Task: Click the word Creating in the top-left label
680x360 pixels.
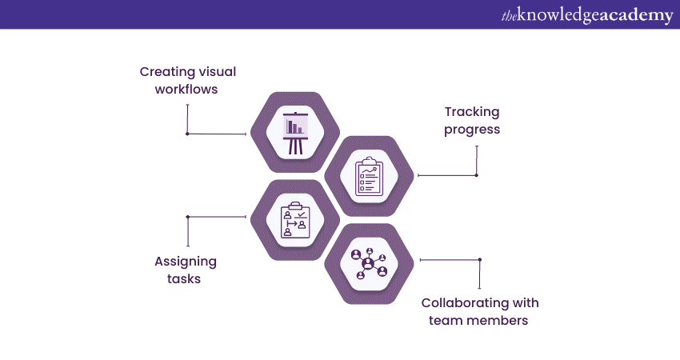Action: [x=166, y=72]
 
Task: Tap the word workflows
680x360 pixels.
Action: [x=186, y=89]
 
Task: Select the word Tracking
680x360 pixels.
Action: [x=472, y=112]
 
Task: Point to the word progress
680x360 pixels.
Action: [x=472, y=130]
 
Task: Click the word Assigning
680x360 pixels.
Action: [x=186, y=262]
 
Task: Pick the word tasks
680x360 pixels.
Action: [x=184, y=279]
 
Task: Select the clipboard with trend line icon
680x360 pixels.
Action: [x=368, y=176]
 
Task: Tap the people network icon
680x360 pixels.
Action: [x=368, y=263]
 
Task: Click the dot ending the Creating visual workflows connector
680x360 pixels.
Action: [x=187, y=134]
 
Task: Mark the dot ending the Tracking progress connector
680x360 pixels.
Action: [x=476, y=175]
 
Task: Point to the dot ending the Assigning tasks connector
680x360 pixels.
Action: [x=187, y=217]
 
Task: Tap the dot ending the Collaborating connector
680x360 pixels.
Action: [x=480, y=259]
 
